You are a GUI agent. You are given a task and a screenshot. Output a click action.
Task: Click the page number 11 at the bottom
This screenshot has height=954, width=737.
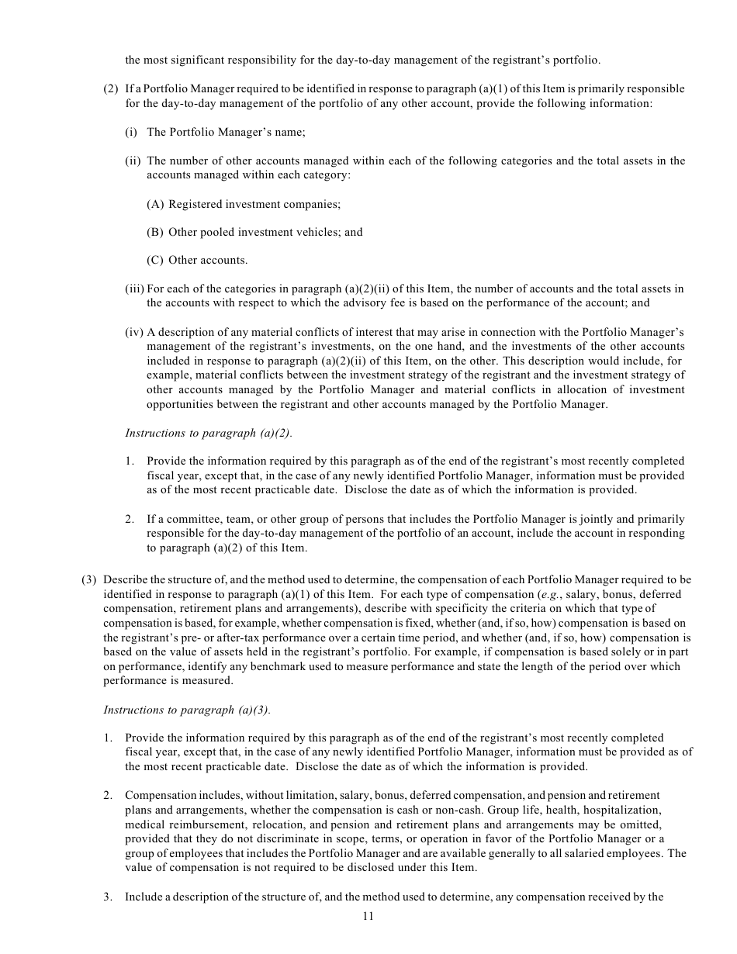[368, 916]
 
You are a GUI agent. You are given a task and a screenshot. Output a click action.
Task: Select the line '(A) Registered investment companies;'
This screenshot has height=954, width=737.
[244, 204]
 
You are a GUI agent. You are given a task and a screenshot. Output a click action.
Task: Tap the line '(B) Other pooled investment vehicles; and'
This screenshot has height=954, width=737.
[254, 232]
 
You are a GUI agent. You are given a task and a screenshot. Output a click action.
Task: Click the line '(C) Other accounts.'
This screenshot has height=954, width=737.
[197, 260]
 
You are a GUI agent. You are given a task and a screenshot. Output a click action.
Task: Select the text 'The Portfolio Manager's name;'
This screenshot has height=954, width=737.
[226, 132]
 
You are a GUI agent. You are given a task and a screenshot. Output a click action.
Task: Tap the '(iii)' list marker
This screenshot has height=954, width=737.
[134, 289]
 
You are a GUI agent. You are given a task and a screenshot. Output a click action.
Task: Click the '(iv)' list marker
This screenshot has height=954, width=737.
[134, 332]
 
